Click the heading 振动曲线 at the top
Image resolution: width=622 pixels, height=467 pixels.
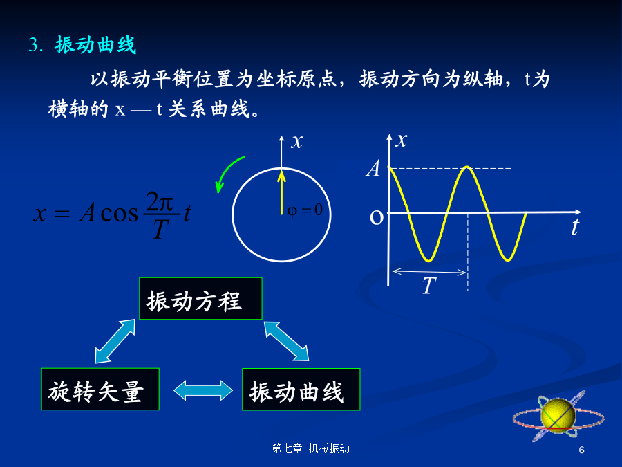(95, 44)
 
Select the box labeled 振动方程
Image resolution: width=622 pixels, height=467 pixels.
(200, 299)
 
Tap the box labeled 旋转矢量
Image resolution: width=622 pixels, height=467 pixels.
(100, 389)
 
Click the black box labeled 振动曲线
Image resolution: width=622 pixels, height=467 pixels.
(301, 389)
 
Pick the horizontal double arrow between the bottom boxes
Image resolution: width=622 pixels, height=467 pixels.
(203, 390)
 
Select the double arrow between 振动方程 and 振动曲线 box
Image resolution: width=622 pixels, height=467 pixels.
(286, 341)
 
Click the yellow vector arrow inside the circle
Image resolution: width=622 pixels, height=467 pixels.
(282, 192)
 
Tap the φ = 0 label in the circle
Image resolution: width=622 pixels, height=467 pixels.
(305, 210)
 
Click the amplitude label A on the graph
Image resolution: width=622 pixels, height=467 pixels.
(373, 168)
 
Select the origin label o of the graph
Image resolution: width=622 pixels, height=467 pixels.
(377, 217)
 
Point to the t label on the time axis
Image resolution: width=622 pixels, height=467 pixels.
(575, 227)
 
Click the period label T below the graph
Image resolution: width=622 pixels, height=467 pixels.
(428, 286)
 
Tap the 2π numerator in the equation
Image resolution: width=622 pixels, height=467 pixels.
(160, 202)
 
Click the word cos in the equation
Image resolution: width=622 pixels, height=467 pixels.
(120, 213)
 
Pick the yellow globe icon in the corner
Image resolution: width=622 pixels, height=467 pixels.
(558, 415)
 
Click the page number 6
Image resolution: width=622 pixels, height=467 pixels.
(581, 450)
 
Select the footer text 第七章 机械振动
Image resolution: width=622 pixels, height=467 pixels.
(310, 449)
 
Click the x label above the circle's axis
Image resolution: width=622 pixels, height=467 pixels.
(297, 142)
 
